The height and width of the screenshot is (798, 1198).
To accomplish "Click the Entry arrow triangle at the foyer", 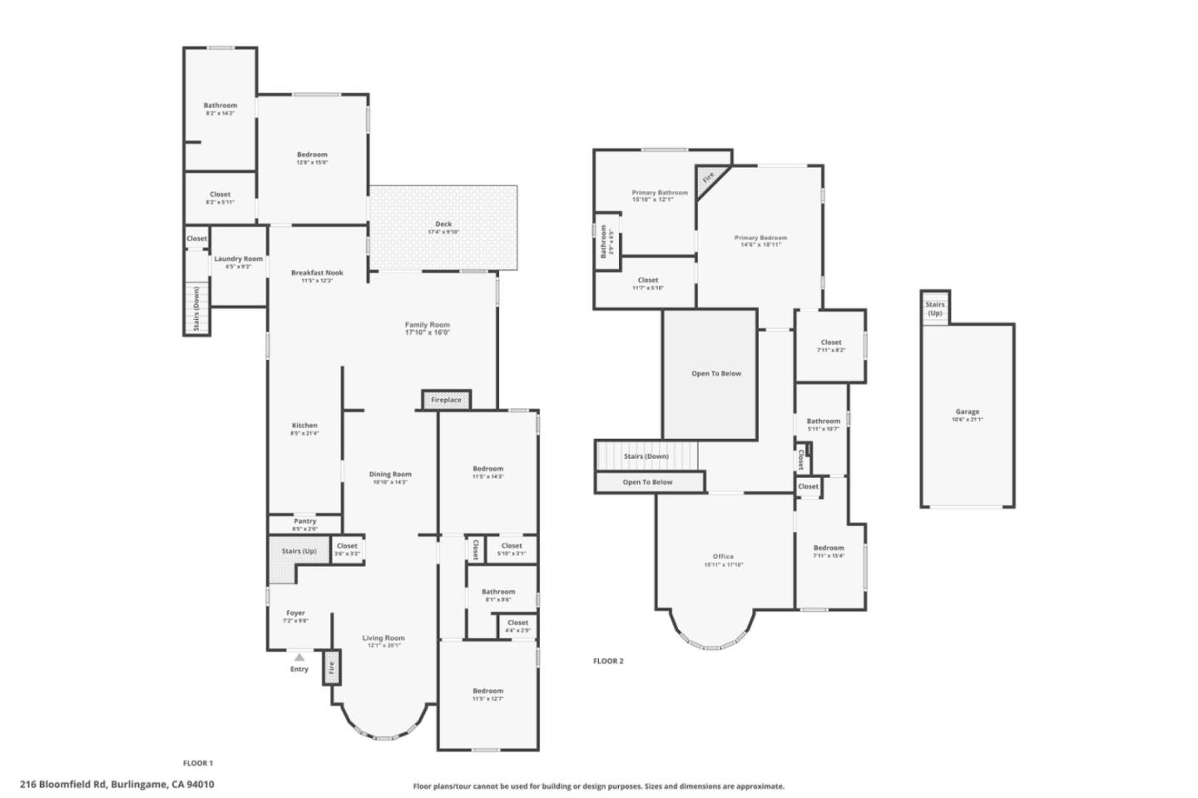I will (299, 658).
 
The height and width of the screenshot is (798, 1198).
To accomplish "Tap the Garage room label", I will (967, 411).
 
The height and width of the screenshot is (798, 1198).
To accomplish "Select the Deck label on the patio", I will (443, 224).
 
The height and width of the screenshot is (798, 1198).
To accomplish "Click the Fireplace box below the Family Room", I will (446, 400).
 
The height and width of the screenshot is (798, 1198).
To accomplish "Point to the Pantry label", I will (304, 521).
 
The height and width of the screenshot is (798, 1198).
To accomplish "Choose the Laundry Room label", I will (238, 259).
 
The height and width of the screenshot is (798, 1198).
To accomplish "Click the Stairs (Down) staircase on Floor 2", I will (646, 456).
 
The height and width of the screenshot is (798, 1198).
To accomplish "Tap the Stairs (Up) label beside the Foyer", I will (299, 551).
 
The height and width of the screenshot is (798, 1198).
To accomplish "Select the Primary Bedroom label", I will (760, 238).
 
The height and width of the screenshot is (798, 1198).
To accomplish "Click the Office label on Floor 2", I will (723, 556).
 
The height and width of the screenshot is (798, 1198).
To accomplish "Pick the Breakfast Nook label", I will (317, 273).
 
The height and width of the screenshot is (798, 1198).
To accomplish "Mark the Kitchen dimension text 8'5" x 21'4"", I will (304, 433).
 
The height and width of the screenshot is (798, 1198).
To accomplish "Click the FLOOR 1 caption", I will (198, 762).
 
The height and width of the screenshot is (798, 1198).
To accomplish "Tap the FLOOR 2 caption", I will (607, 661).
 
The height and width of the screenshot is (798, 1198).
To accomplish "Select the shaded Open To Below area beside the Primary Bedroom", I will (710, 374).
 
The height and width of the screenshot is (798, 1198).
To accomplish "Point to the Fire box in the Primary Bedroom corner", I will (708, 178).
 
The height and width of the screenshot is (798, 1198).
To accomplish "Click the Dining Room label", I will (390, 474).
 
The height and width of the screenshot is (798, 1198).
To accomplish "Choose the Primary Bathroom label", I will (660, 192).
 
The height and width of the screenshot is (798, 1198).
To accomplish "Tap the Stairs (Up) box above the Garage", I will (935, 308).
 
